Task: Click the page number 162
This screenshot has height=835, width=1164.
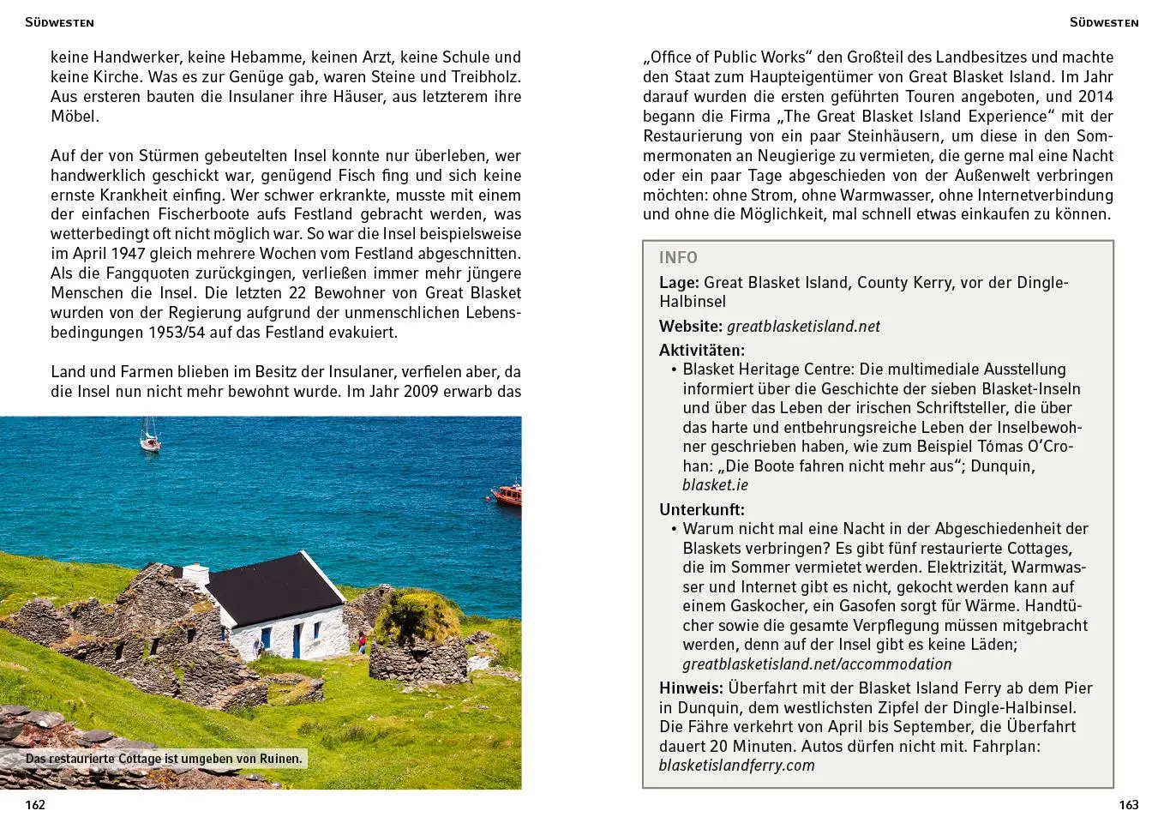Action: [x=35, y=804]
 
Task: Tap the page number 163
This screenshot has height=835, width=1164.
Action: [x=1128, y=804]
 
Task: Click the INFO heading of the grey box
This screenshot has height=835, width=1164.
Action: [x=678, y=258]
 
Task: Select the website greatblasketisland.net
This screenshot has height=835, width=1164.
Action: [x=803, y=326]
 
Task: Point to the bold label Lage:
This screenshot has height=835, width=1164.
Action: [x=679, y=282]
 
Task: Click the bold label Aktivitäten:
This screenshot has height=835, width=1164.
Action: [x=701, y=350]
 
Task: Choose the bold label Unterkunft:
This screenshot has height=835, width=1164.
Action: [x=701, y=509]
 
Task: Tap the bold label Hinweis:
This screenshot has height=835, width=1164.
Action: [x=691, y=688]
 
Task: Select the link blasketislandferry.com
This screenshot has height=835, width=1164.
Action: [x=736, y=765]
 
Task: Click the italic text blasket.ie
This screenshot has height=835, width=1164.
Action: [x=715, y=484]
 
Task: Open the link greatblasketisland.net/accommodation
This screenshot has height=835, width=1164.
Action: [x=816, y=664]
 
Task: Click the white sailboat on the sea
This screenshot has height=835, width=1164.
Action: [x=150, y=436]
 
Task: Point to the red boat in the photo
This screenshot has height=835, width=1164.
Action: [x=507, y=495]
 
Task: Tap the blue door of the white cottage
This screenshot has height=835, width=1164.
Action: [x=297, y=640]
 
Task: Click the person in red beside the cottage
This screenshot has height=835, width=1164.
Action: [x=362, y=642]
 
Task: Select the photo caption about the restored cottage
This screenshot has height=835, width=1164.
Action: [x=163, y=759]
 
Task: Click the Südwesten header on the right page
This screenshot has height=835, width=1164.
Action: [x=1103, y=22]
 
